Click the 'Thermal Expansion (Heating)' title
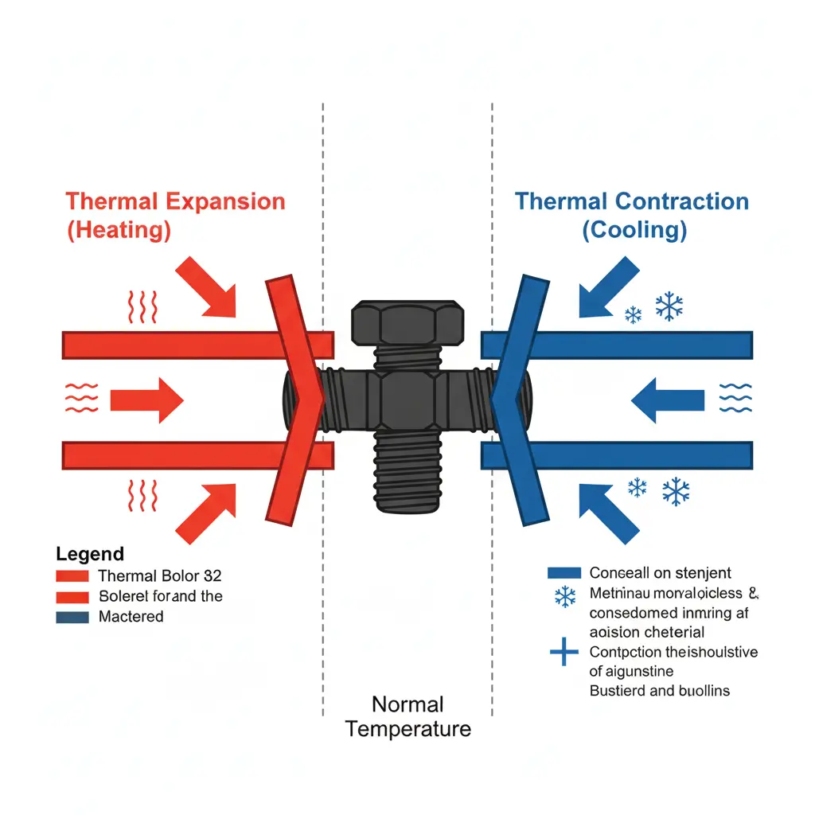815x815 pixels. pyautogui.click(x=175, y=215)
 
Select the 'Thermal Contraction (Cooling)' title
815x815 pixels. pyautogui.click(x=632, y=215)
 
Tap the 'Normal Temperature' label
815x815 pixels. pyautogui.click(x=408, y=716)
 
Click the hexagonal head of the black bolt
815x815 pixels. pyautogui.click(x=408, y=323)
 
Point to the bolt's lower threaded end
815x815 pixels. pyautogui.click(x=408, y=478)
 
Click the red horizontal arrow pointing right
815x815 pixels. pyautogui.click(x=146, y=399)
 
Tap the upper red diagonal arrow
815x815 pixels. pyautogui.click(x=208, y=287)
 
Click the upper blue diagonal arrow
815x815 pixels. pyautogui.click(x=609, y=287)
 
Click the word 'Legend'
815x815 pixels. pyautogui.click(x=90, y=554)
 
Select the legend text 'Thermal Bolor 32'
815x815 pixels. pyautogui.click(x=160, y=575)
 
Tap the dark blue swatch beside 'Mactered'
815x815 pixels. pyautogui.click(x=72, y=617)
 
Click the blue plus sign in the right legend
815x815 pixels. pyautogui.click(x=564, y=654)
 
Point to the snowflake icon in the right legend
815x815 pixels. pyautogui.click(x=565, y=596)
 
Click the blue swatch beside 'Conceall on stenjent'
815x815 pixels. pyautogui.click(x=564, y=572)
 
